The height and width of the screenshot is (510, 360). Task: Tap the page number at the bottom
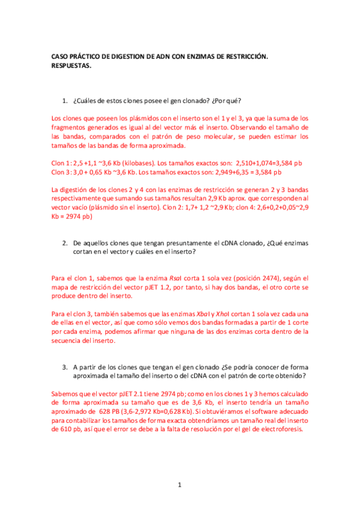click(180, 485)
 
